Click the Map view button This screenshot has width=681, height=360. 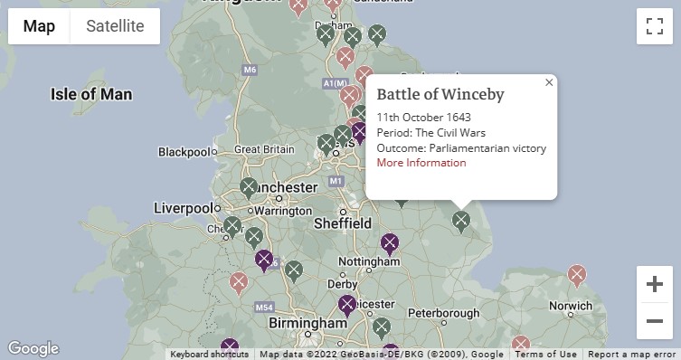39,26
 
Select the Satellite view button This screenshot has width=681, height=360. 115,26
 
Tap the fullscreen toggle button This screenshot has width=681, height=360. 654,26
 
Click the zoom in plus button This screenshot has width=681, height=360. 654,284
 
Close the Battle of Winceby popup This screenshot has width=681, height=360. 548,83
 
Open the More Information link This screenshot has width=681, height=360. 421,163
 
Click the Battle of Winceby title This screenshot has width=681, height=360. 440,95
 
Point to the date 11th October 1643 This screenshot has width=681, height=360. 423,118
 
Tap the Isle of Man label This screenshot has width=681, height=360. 91,94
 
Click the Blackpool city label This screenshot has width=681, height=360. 183,152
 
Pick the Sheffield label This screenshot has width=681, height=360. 342,223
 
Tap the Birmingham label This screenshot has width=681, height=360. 307,323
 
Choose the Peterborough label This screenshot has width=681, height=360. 449,312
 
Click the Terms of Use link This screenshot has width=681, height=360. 545,355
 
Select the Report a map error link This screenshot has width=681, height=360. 632,355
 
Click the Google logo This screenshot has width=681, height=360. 33,349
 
